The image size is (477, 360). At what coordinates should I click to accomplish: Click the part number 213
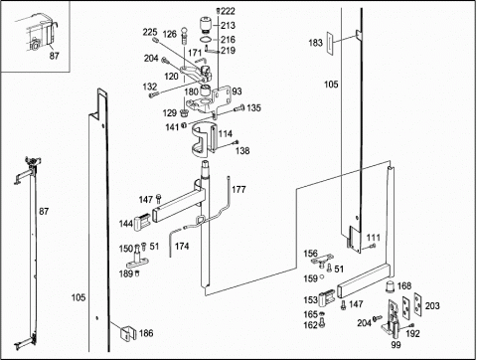229,25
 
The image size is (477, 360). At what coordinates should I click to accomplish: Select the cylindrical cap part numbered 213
207,26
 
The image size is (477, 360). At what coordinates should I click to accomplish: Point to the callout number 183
315,43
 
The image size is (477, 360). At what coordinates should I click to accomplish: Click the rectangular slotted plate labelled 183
330,43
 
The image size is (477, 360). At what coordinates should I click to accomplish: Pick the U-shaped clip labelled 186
128,333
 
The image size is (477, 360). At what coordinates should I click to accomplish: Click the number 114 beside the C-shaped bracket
226,134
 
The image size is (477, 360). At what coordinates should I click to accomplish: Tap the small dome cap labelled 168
391,286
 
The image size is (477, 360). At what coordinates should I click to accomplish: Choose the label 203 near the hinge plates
432,305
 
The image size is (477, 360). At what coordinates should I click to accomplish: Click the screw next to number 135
239,108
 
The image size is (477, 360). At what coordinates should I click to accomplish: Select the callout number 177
238,190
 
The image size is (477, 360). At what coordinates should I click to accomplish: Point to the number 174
182,246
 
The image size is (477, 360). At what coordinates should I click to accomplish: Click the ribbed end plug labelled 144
142,222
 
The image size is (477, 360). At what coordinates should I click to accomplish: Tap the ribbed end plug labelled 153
326,297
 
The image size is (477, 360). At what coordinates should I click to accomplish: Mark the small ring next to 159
321,277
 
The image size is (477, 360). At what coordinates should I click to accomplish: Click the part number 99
396,345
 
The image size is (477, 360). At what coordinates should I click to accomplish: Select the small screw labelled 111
372,246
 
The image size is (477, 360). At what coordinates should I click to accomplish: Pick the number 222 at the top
228,11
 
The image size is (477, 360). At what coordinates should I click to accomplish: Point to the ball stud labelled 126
185,37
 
